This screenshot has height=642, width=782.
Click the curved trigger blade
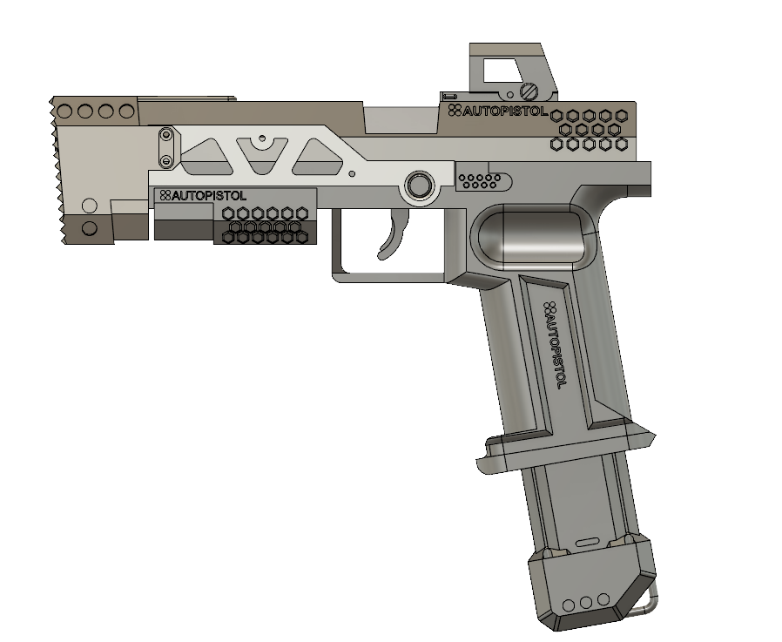coord(394,236)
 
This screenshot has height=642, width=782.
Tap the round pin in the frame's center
coord(419,185)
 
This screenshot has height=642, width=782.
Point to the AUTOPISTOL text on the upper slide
coord(499,112)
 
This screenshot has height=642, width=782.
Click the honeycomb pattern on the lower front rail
coord(265,225)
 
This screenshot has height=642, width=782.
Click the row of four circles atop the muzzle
coord(96,112)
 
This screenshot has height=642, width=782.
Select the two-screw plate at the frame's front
coord(164,147)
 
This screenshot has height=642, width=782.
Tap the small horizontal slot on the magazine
coord(588,542)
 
